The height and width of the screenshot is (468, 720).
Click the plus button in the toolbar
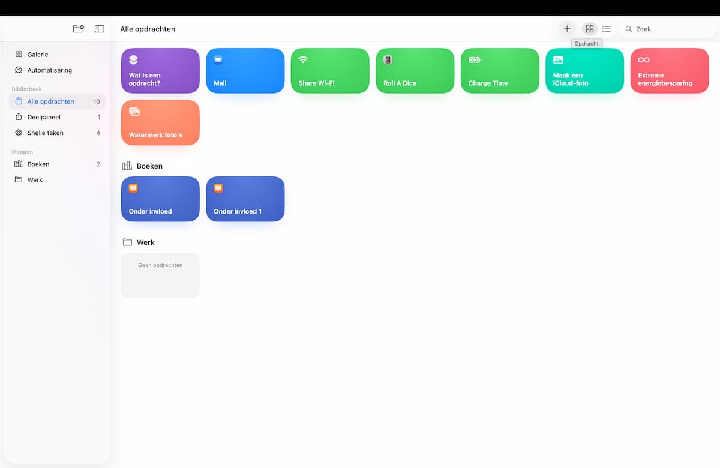click(x=566, y=29)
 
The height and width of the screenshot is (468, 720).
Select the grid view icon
click(x=589, y=29)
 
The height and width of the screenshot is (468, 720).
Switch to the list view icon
click(x=606, y=29)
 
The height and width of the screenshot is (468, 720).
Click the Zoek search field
click(x=668, y=29)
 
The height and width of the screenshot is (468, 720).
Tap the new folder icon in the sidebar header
click(x=79, y=29)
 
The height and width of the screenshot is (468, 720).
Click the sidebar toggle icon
click(x=100, y=29)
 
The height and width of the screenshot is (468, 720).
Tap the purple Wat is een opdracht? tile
click(x=160, y=71)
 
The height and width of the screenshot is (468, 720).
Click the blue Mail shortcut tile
click(x=245, y=71)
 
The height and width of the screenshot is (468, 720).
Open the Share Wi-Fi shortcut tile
click(x=330, y=71)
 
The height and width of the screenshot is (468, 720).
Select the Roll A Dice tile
click(x=415, y=71)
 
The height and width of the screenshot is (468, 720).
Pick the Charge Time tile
click(x=500, y=71)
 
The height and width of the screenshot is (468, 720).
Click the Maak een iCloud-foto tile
click(x=584, y=71)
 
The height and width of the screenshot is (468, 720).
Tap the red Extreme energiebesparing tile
click(x=670, y=71)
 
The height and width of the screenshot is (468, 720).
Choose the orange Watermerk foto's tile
click(x=160, y=122)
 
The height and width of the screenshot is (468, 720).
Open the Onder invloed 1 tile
click(x=245, y=199)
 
